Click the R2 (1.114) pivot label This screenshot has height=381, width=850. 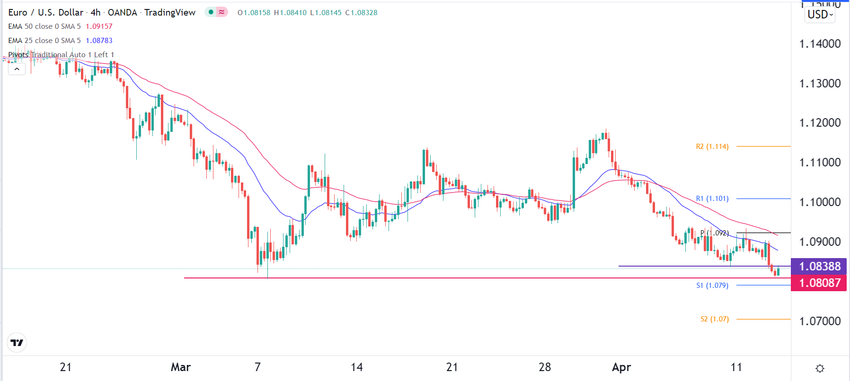click(712, 147)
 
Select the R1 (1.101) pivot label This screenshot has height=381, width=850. click(712, 199)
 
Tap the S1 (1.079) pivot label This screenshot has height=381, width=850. click(712, 286)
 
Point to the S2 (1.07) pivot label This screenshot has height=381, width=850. click(714, 319)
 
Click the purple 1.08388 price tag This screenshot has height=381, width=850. click(819, 266)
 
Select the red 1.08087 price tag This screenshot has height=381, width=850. click(819, 283)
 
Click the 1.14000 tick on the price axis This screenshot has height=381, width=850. click(820, 44)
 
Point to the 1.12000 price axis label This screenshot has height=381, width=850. click(820, 123)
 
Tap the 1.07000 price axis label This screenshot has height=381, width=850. click(820, 321)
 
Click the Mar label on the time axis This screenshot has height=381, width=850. click(181, 367)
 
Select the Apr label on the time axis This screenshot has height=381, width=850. click(621, 367)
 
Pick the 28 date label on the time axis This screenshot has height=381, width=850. click(545, 367)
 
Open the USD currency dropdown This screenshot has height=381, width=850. click(820, 15)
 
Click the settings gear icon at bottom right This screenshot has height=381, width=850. click(820, 368)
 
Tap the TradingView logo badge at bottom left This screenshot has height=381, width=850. click(17, 343)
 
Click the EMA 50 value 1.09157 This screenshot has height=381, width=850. click(99, 26)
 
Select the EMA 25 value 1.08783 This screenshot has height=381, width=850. click(99, 41)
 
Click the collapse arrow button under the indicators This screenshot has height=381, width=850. click(17, 69)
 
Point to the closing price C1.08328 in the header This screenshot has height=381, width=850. click(361, 13)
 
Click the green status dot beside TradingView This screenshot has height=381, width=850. click(211, 12)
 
